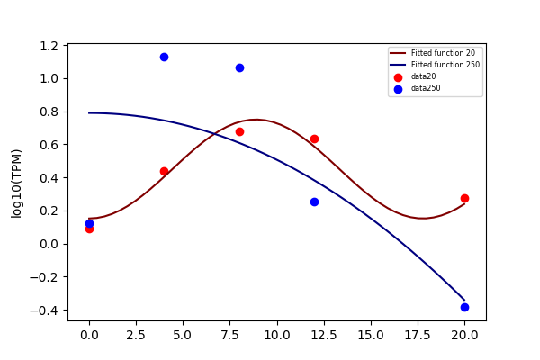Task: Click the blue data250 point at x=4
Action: [165, 58]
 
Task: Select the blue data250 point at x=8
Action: [239, 67]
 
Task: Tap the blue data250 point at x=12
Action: [314, 202]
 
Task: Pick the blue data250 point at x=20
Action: [464, 307]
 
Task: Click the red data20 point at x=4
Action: [165, 171]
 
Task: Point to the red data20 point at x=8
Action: [239, 132]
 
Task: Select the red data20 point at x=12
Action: [314, 139]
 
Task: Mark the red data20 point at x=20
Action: [464, 198]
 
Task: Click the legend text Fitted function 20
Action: [443, 53]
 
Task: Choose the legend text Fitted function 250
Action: [445, 65]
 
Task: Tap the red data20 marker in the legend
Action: [398, 77]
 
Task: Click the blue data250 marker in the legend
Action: [398, 90]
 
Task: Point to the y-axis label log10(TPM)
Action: [16, 184]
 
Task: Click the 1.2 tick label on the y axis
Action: [49, 46]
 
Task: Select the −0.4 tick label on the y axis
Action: [44, 310]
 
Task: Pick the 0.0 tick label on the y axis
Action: [49, 244]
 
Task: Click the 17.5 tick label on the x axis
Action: [418, 335]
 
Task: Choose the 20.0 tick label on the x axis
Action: [464, 335]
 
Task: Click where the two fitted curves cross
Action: [215, 134]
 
